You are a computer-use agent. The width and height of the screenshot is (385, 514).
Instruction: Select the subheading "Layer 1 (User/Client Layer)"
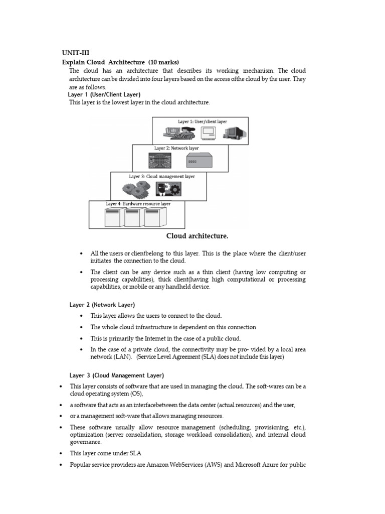click(104, 94)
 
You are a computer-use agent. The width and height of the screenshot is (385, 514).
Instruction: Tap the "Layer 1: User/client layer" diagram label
click(202, 121)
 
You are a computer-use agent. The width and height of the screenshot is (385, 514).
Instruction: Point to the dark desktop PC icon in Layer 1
click(234, 133)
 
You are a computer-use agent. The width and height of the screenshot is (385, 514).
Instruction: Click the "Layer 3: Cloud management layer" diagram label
click(161, 177)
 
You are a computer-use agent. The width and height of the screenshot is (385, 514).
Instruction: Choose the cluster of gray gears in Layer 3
click(136, 189)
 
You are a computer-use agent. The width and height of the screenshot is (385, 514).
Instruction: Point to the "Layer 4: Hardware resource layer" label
click(138, 204)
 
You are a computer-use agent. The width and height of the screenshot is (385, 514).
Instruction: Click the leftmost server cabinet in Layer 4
click(113, 217)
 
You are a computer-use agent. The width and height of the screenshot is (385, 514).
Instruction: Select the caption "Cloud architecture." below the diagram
click(197, 236)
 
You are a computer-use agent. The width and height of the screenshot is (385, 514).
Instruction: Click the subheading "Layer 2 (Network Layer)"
click(102, 305)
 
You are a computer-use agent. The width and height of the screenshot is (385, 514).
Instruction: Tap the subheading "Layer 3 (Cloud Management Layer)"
click(116, 375)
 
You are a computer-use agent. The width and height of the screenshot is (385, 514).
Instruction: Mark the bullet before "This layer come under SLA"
click(61, 453)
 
